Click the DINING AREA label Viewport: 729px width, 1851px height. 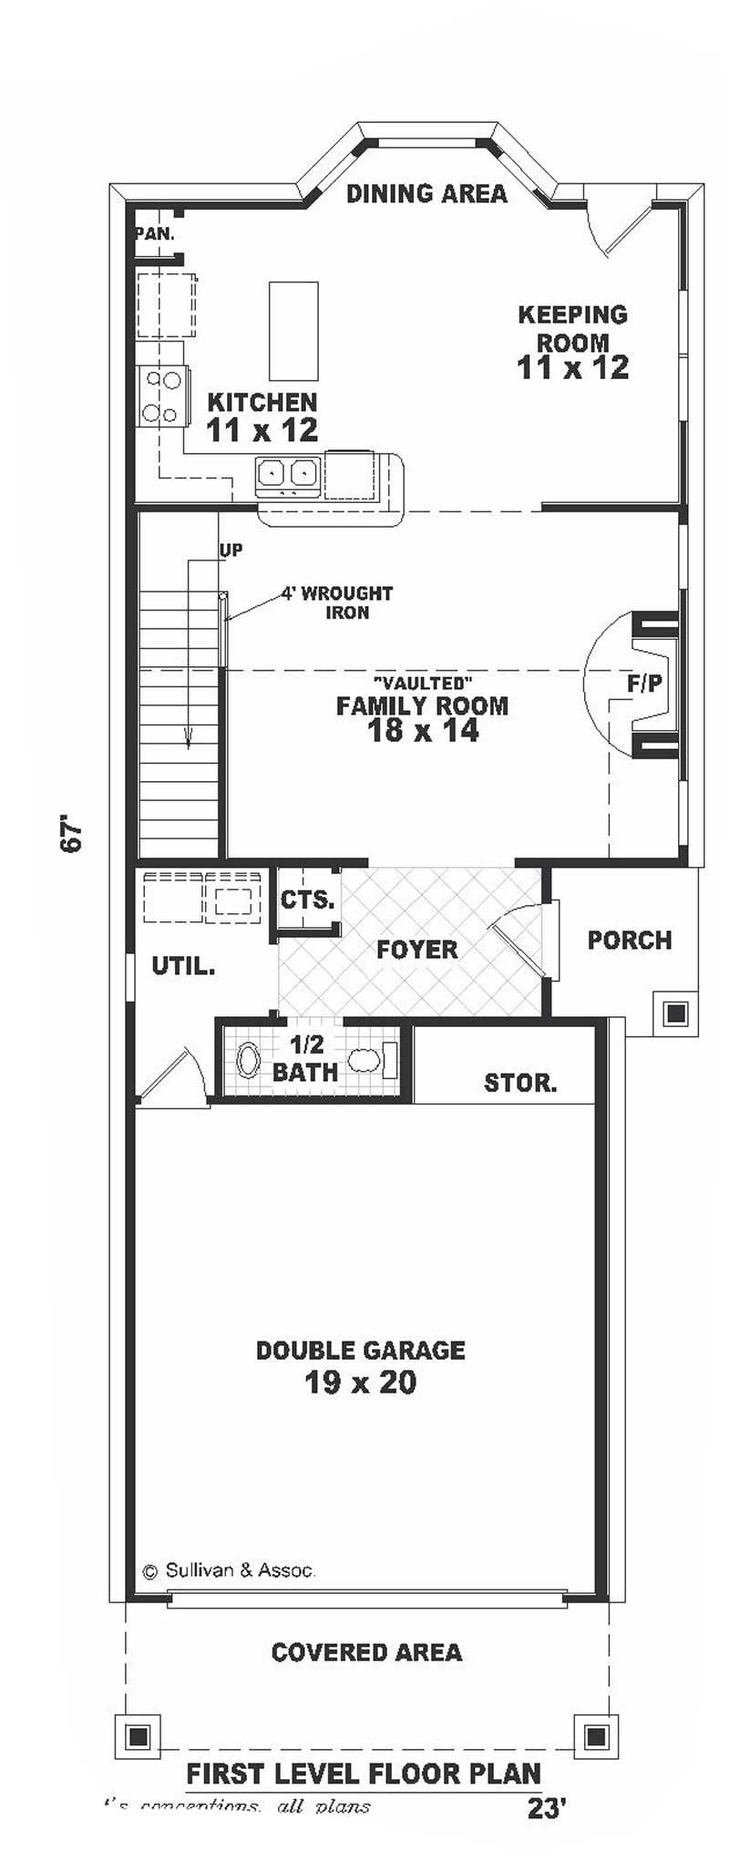[426, 193]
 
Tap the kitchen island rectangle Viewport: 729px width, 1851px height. [293, 331]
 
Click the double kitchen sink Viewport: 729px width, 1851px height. [286, 473]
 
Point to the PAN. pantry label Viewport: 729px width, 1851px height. [155, 233]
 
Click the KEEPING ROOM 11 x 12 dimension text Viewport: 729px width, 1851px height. [572, 367]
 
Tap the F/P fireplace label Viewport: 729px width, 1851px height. [644, 684]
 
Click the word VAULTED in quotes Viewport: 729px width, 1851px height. [422, 682]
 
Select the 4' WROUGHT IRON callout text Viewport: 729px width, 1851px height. [337, 602]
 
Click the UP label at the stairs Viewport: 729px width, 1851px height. [231, 550]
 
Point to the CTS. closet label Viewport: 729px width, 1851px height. [307, 900]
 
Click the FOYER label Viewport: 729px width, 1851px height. [416, 950]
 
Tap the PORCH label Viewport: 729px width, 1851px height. [629, 940]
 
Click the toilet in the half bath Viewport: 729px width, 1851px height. [365, 1060]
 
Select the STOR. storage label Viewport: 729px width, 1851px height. [520, 1083]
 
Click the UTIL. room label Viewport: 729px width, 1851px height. [183, 966]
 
